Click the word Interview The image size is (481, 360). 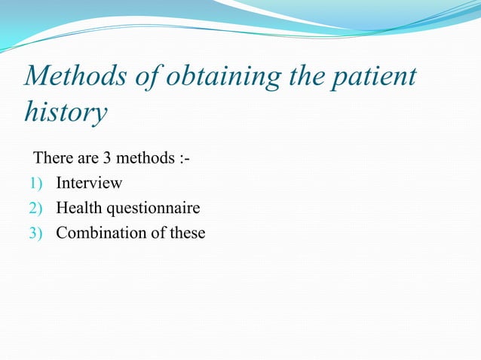coord(89,183)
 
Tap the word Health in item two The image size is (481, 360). coord(79,208)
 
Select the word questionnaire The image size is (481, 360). coord(153,209)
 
